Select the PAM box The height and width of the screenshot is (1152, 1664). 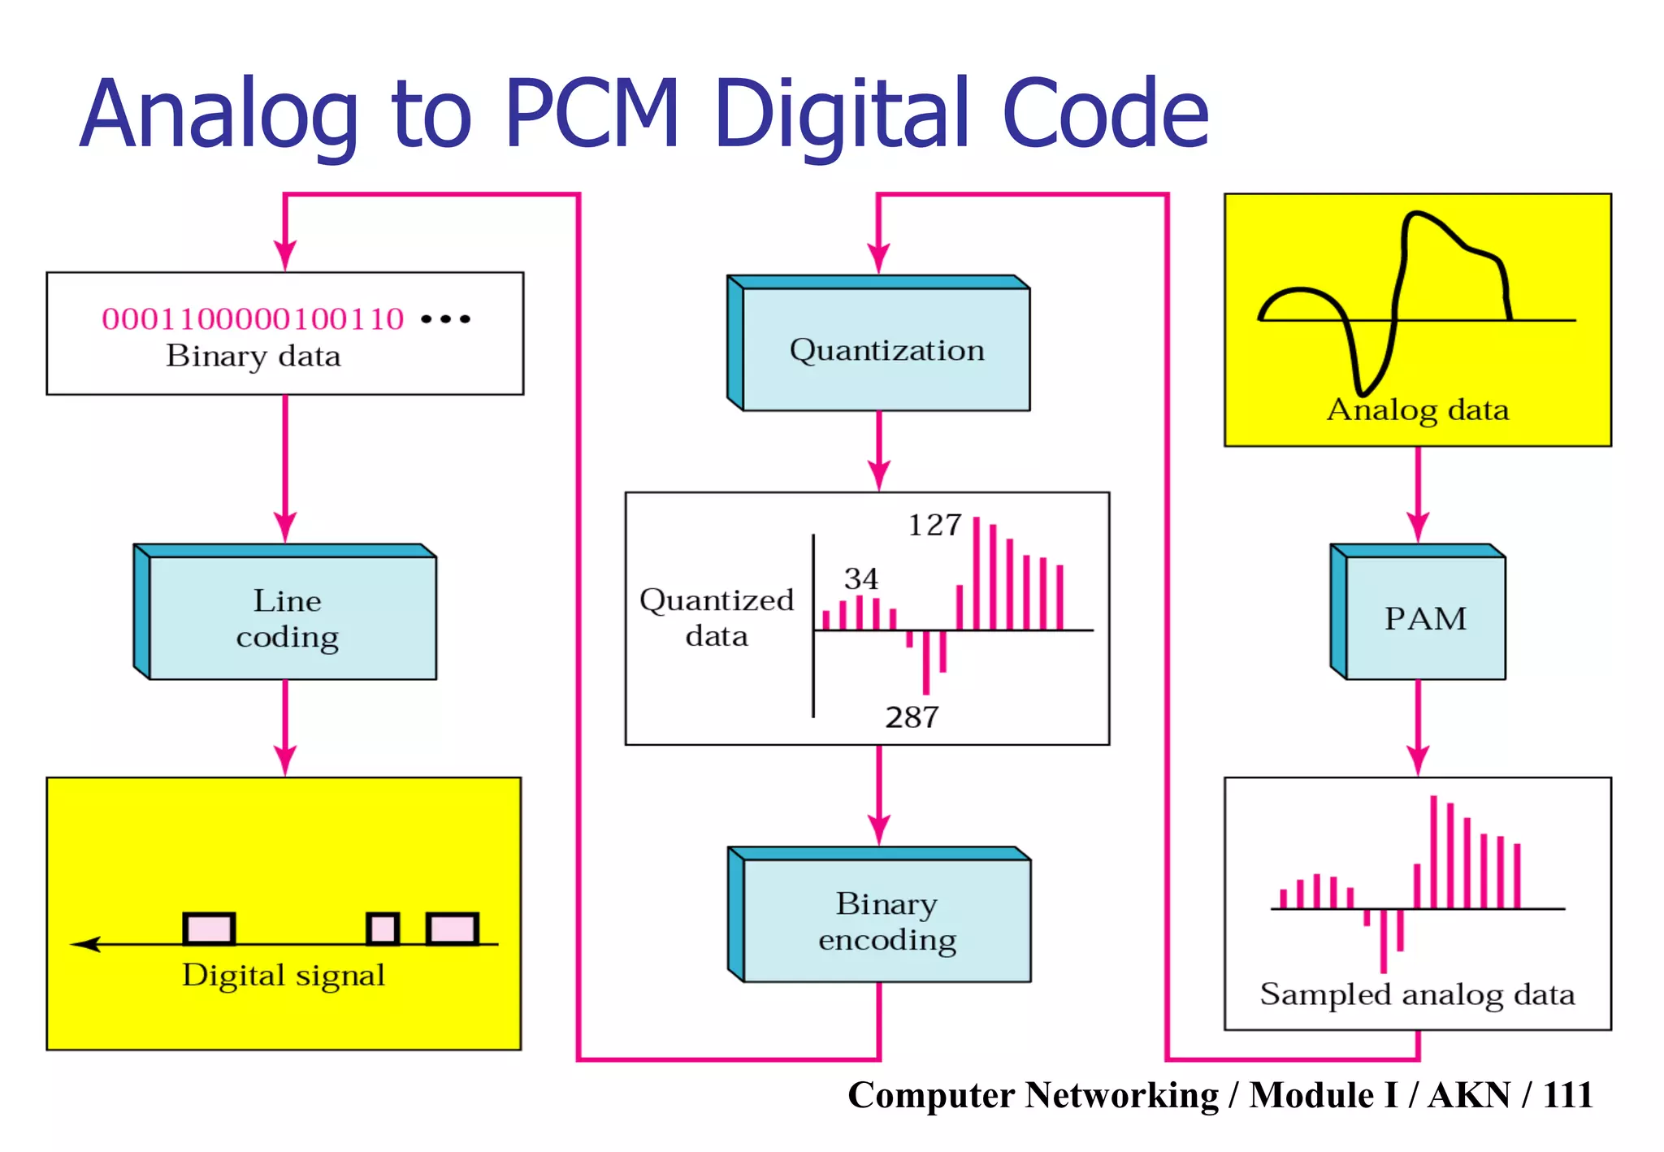1425,618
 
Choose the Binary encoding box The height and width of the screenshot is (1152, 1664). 886,921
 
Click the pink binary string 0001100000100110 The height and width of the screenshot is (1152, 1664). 253,319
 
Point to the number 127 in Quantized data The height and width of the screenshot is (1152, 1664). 934,526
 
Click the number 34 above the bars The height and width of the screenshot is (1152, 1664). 860,578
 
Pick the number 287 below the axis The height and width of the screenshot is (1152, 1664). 912,717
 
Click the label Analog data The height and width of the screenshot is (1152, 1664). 1417,410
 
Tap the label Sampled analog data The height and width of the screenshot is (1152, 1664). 1417,994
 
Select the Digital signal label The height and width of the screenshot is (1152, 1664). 283,975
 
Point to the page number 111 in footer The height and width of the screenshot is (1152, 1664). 1566,1095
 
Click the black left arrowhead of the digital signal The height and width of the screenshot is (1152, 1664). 85,944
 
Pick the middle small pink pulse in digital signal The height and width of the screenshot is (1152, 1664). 383,929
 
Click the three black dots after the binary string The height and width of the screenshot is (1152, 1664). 445,319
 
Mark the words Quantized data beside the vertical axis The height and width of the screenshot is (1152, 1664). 716,617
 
